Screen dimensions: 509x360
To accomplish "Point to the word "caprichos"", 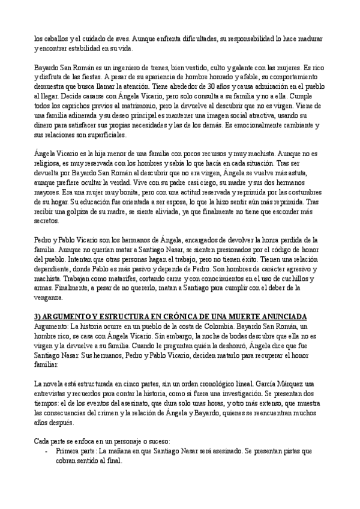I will (x=77, y=109).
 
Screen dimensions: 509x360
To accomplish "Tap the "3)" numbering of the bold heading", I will (x=38, y=316).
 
